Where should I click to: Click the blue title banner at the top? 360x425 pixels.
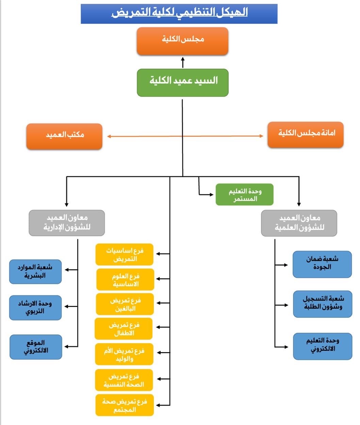[179, 14]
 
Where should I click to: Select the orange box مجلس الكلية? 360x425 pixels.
[182, 41]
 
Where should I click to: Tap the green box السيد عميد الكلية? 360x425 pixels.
[183, 83]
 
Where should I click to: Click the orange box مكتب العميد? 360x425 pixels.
[64, 136]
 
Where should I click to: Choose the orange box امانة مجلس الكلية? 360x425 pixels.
[306, 135]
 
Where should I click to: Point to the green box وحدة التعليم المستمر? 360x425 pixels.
[244, 195]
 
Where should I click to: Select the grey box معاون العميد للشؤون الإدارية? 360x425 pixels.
[67, 223]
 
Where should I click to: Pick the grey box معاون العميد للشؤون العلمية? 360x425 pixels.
[299, 223]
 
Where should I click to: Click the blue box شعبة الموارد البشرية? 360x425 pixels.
[35, 272]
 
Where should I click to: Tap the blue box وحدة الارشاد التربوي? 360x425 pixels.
[35, 308]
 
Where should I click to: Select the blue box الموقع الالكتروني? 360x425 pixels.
[36, 347]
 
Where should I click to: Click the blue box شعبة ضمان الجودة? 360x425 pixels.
[322, 264]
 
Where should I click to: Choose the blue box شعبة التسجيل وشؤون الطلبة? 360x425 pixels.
[323, 304]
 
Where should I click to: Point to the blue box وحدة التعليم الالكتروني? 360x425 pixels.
[323, 346]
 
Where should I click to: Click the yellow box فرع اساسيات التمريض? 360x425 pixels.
[125, 254]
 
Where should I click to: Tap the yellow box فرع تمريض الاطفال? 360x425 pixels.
[124, 329]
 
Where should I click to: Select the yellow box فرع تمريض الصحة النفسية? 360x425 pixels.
[124, 380]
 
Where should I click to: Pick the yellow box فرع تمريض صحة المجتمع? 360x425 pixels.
[125, 405]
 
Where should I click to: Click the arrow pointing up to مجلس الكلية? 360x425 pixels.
[183, 62]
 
